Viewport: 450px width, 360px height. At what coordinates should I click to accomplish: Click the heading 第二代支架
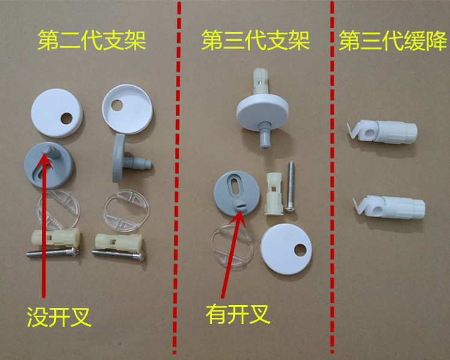(92, 42)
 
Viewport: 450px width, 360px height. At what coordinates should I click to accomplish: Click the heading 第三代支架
(255, 42)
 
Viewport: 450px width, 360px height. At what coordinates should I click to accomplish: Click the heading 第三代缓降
(392, 42)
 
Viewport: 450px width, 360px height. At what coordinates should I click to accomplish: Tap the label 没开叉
(59, 316)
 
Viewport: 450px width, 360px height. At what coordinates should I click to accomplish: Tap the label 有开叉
(236, 314)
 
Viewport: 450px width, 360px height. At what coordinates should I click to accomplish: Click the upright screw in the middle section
(290, 186)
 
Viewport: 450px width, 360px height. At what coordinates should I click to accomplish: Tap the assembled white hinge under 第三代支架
(263, 109)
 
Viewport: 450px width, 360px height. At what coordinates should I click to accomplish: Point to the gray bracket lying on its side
(123, 157)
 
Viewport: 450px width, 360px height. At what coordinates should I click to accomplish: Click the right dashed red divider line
(332, 181)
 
